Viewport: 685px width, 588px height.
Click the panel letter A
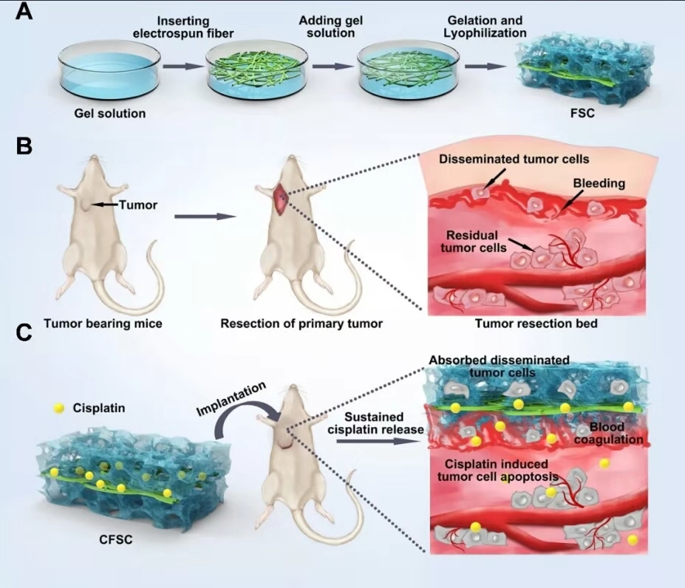(24, 13)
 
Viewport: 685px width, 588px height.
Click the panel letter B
(24, 146)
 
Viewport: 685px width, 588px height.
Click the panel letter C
(24, 334)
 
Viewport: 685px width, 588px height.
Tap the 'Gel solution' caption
(109, 114)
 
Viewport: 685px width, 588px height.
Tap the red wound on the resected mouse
(282, 197)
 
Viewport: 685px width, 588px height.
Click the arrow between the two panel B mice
(205, 216)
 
